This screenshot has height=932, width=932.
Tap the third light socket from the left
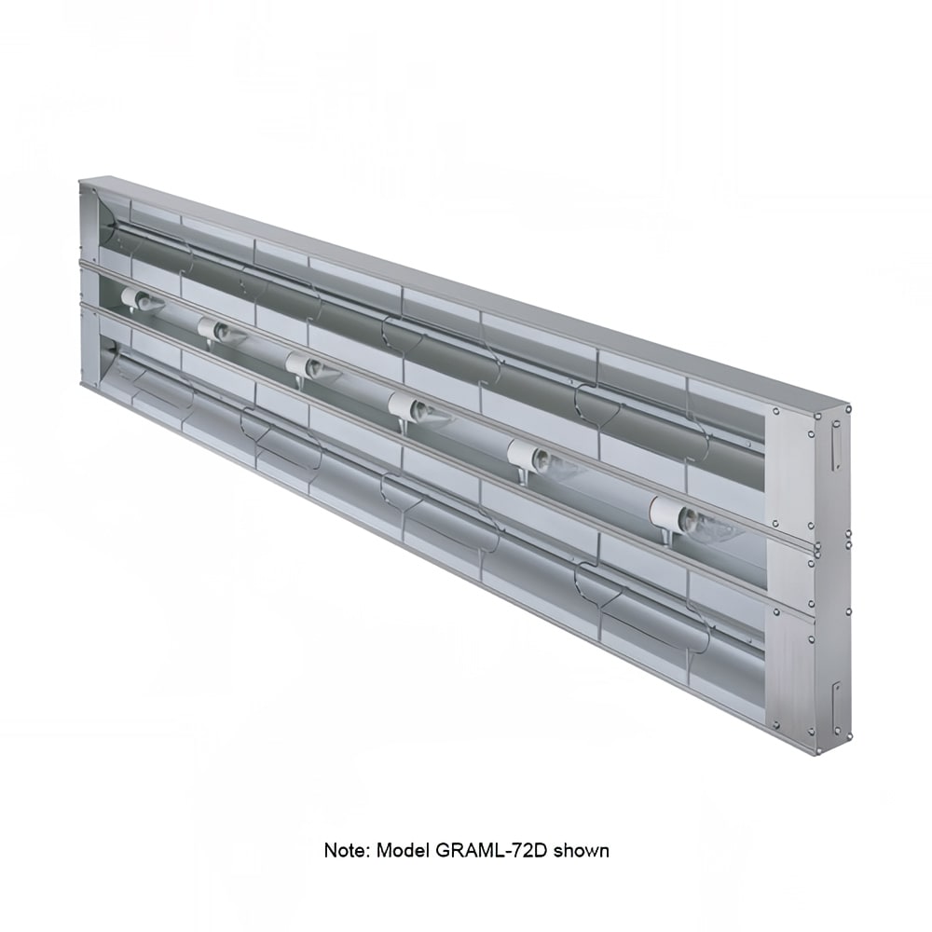coord(310,366)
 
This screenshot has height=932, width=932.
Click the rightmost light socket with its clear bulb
coord(690,519)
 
